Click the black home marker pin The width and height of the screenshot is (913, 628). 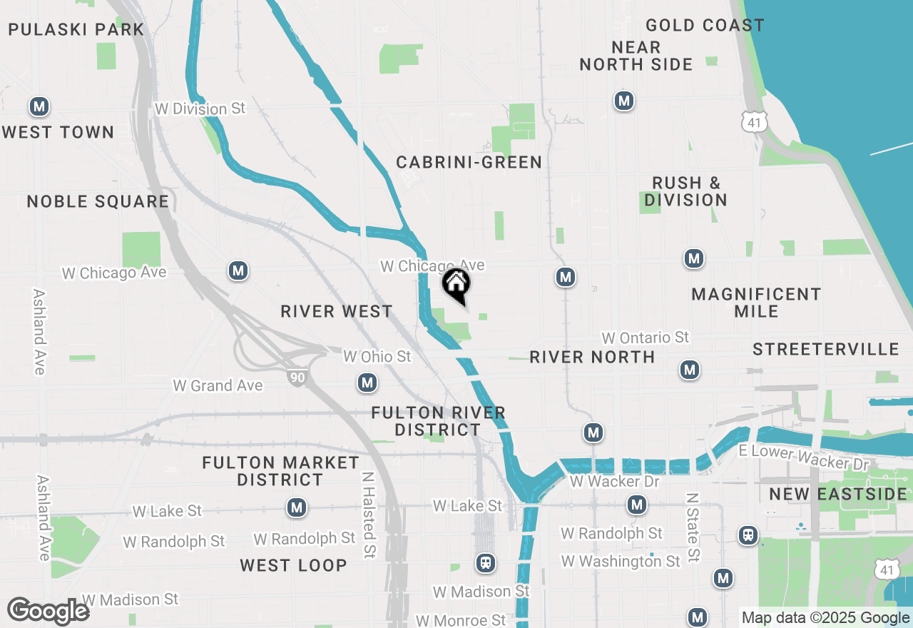click(x=456, y=284)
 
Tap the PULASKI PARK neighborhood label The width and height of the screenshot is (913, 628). click(x=76, y=30)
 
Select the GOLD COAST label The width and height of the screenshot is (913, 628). click(x=705, y=26)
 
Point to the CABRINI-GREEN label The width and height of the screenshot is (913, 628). click(x=469, y=163)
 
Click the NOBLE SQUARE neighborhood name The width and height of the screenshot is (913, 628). click(x=98, y=202)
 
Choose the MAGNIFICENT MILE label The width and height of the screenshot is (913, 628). click(x=756, y=303)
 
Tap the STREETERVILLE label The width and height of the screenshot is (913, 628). click(x=826, y=349)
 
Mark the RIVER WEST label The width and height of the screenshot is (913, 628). click(x=337, y=312)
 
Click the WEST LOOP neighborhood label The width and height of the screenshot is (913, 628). click(x=293, y=566)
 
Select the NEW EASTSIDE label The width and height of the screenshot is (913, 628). click(x=838, y=495)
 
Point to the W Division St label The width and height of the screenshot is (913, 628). click(x=200, y=109)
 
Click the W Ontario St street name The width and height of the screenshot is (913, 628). click(x=646, y=338)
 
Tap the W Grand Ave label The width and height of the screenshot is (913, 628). click(x=218, y=386)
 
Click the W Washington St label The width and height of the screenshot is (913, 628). click(x=621, y=562)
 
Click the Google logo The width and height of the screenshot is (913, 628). click(x=48, y=612)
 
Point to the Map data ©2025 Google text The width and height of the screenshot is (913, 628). click(x=825, y=618)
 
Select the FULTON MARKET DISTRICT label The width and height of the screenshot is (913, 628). click(x=280, y=471)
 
